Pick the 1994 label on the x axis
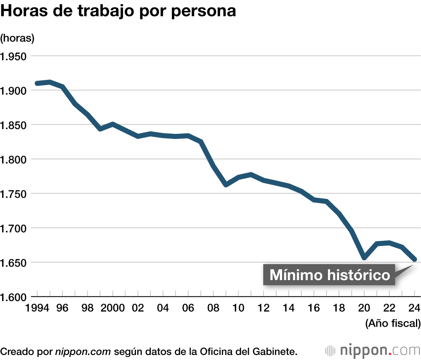tap(37, 308)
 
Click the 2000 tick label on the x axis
tap(112, 308)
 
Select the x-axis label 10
tap(238, 308)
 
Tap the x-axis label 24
tap(414, 308)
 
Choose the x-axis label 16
tap(314, 308)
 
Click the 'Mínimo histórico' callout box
tap(329, 275)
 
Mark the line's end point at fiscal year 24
tap(414, 259)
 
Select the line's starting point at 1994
tap(37, 83)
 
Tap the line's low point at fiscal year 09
tap(226, 185)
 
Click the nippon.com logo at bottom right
tap(373, 350)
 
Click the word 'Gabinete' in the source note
tap(278, 351)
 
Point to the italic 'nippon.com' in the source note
tap(83, 351)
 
